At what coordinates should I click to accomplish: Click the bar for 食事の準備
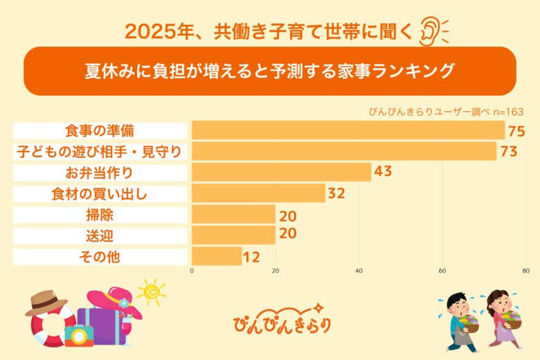point(348,130)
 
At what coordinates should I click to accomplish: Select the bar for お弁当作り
point(281,172)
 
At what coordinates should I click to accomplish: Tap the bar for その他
point(217,256)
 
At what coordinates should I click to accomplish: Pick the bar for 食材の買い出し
point(258,193)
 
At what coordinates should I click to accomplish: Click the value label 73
point(509,151)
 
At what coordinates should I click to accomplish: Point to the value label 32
point(336,193)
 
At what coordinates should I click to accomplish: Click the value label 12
point(251,257)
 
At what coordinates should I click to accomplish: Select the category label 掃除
point(100,215)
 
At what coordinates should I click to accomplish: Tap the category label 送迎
point(100,235)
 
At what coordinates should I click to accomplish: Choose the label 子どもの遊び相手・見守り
point(100,151)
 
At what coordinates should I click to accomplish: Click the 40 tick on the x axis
point(359,271)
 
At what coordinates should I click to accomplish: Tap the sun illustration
point(150,291)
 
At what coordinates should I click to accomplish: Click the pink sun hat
point(114,303)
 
